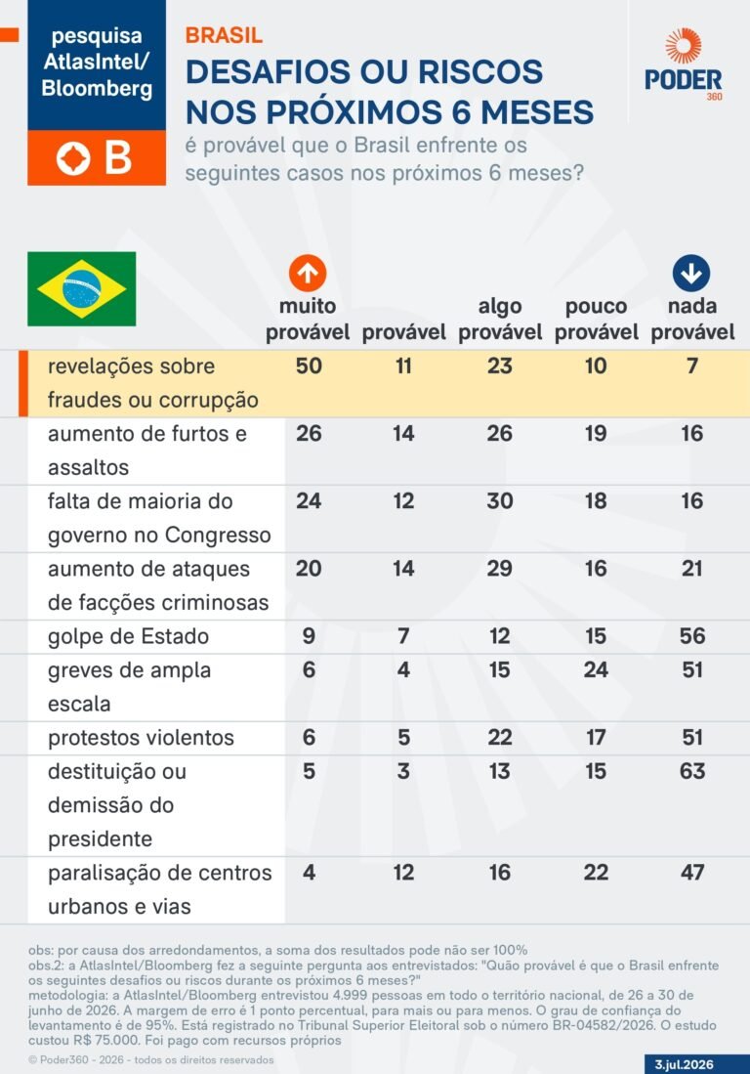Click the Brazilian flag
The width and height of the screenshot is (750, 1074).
click(x=81, y=288)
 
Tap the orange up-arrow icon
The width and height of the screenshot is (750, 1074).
click(x=308, y=274)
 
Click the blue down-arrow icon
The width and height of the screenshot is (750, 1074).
click(x=691, y=274)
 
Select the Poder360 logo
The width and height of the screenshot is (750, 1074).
click(x=683, y=65)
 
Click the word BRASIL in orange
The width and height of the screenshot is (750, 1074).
click(x=224, y=35)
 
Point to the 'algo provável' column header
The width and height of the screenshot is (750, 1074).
click(x=500, y=320)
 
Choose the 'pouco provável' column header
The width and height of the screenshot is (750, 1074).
click(x=596, y=320)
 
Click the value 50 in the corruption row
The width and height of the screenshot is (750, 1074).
click(x=309, y=365)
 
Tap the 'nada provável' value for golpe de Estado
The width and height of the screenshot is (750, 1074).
click(x=691, y=635)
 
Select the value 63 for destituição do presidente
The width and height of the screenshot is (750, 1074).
click(x=691, y=771)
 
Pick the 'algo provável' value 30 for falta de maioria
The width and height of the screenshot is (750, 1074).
click(x=500, y=500)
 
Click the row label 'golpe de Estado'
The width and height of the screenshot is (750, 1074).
click(x=128, y=636)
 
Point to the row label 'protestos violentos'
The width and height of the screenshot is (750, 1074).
click(x=141, y=738)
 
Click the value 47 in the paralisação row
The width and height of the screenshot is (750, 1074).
click(x=691, y=872)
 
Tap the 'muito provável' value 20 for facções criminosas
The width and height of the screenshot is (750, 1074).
click(x=309, y=569)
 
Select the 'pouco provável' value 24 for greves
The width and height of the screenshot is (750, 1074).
click(x=596, y=669)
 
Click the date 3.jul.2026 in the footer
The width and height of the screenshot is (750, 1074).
click(x=684, y=1064)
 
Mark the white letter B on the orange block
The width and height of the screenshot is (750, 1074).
click(x=118, y=158)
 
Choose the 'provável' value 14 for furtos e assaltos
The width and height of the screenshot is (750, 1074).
click(x=403, y=433)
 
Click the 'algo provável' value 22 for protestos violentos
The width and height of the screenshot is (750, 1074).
click(x=500, y=737)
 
